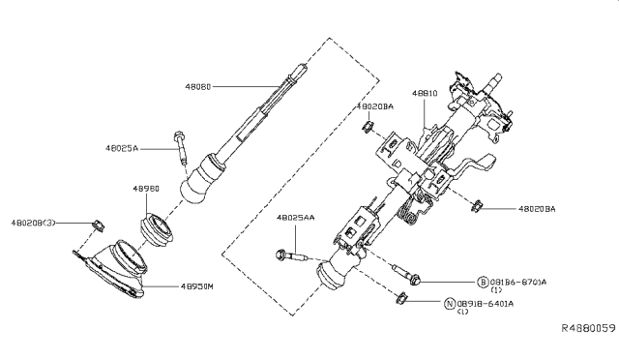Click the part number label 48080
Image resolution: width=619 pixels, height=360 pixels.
[199, 85]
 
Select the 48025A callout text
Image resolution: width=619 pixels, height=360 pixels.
[124, 149]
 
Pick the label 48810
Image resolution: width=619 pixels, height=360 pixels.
[426, 93]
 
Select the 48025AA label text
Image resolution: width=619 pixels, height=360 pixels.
[296, 219]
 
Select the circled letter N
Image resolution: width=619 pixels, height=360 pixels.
[449, 303]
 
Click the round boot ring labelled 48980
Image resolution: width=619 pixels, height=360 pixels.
[157, 230]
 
